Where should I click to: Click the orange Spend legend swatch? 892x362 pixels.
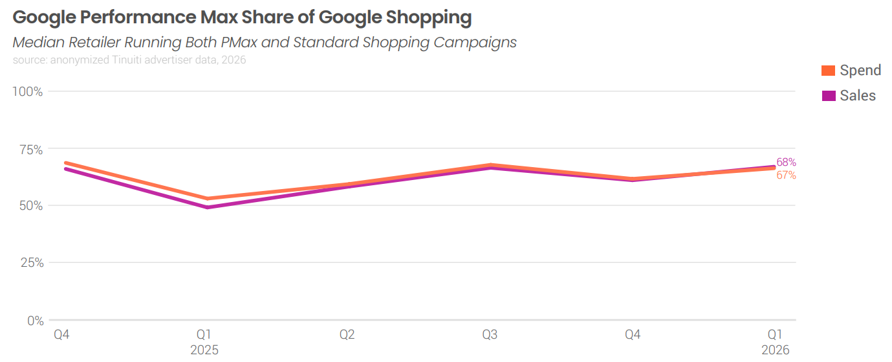pos(828,71)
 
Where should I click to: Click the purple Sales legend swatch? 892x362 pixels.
pos(828,96)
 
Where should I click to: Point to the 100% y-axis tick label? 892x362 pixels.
pos(27,92)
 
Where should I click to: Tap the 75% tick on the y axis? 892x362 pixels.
pos(31,150)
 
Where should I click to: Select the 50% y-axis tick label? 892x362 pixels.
pos(31,206)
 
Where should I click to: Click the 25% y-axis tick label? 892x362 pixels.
pos(32,263)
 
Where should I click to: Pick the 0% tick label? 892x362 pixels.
pos(36,321)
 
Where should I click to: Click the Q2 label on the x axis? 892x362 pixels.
pos(347,334)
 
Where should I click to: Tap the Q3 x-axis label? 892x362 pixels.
pos(490,334)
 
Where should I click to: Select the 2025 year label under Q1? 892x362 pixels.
pos(204,350)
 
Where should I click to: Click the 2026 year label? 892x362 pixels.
pos(775,350)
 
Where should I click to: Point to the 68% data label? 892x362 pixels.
pos(786,163)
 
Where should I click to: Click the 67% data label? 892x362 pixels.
pos(786,175)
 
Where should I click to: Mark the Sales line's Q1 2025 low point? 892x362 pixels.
pos(208,207)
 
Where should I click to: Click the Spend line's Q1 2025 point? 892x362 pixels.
pos(208,199)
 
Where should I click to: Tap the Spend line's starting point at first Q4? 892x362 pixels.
pos(66,163)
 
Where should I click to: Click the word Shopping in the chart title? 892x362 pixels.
pos(428,17)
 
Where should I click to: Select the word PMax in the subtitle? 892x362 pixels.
pos(239,42)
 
